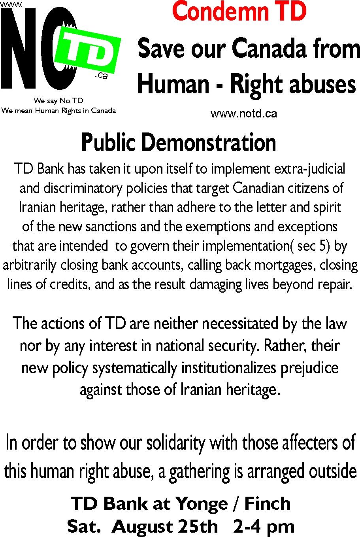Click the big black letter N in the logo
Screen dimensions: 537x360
(x=20, y=49)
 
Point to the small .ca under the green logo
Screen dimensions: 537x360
(x=101, y=75)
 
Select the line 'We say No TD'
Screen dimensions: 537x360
(x=58, y=100)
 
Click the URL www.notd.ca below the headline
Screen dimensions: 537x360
(x=244, y=114)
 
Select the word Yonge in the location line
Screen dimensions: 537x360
(x=202, y=504)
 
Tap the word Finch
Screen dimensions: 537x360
(x=268, y=504)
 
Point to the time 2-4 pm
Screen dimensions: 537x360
(x=264, y=527)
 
